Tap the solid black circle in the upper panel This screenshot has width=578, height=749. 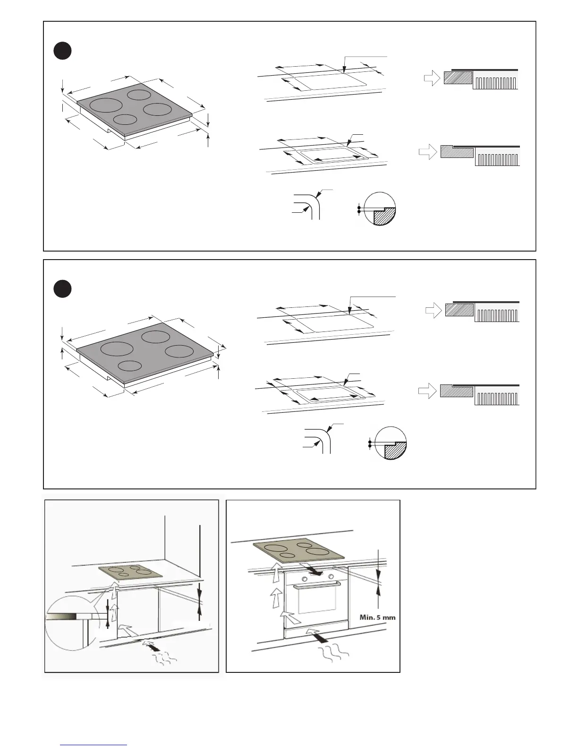point(62,51)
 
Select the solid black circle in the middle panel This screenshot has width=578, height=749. point(62,289)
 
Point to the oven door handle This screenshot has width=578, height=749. point(317,586)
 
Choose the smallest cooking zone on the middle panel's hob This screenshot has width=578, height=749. point(130,366)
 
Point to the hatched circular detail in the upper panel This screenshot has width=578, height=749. point(377,209)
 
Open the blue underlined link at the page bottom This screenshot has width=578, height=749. point(93,745)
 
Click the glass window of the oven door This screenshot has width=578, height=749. point(316,603)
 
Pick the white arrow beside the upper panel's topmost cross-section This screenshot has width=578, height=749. point(432,78)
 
